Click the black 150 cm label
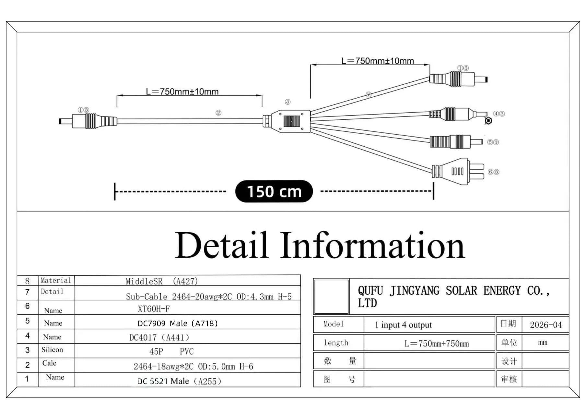coord(274,191)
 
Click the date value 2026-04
coord(546,325)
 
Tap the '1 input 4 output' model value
coord(403,325)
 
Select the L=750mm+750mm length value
coord(437,344)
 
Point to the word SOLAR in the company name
coord(461,291)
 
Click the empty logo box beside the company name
coord(332,296)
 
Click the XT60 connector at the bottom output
coord(458,171)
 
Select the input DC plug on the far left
coord(88,121)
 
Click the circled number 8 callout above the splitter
coord(287,102)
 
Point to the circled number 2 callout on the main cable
coord(218,113)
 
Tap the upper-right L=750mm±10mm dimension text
coord(378,61)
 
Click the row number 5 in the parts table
coord(28,321)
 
